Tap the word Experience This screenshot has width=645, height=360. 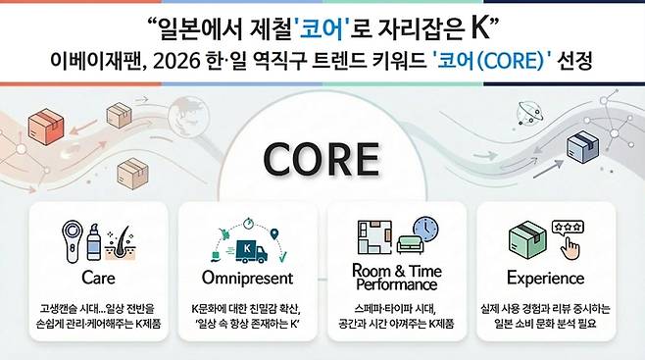click(x=545, y=279)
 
